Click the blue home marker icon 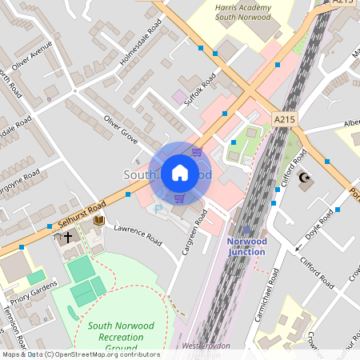[180, 173]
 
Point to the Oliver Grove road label [121, 129]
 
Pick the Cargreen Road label [194, 233]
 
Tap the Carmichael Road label [271, 296]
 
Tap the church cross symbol [68, 237]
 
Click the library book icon [99, 220]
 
